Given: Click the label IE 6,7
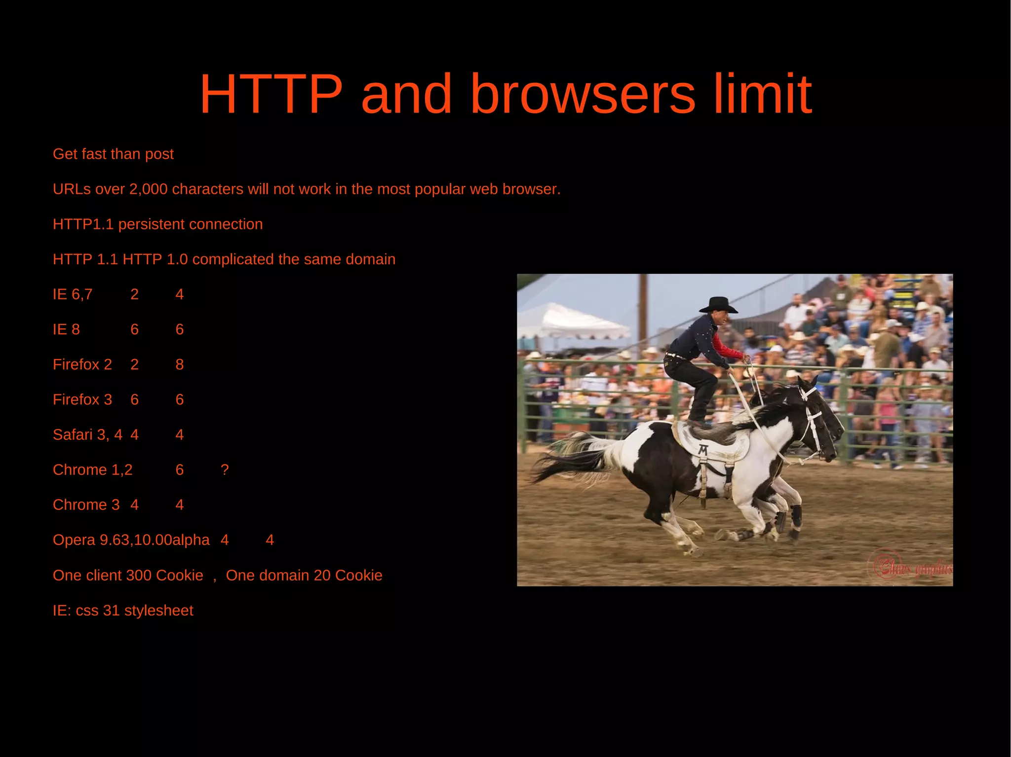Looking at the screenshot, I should [x=73, y=294].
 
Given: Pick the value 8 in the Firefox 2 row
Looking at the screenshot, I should [x=180, y=364].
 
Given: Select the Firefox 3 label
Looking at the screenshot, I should [x=82, y=399].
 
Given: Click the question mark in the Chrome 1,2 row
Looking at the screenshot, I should [x=225, y=469].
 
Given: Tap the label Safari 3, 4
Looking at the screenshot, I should [x=87, y=434].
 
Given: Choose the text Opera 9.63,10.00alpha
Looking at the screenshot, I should [x=131, y=540].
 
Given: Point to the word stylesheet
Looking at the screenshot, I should [x=158, y=611].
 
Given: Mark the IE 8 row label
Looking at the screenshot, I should [x=66, y=329].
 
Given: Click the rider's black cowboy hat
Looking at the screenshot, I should [x=719, y=304].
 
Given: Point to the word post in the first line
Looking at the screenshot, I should [x=159, y=154].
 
